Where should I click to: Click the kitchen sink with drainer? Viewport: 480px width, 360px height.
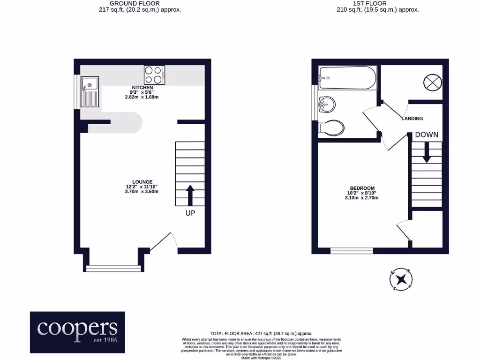click(x=90, y=91)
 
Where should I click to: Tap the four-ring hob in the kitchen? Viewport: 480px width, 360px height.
click(x=154, y=74)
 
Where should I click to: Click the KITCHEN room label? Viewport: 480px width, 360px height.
click(x=142, y=88)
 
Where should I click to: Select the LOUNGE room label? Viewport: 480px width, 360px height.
click(x=142, y=182)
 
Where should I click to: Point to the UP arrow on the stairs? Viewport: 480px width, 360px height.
click(x=190, y=195)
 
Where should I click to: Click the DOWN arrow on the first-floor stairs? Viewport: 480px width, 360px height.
click(x=427, y=152)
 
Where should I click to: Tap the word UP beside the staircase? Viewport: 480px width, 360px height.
click(x=190, y=213)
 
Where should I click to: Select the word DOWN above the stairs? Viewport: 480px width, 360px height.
click(x=427, y=135)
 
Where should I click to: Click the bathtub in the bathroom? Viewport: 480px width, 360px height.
click(x=347, y=78)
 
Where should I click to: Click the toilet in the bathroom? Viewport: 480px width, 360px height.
click(x=332, y=127)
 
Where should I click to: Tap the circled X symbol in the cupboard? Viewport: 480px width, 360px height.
click(x=432, y=82)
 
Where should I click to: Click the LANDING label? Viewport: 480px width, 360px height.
click(x=412, y=119)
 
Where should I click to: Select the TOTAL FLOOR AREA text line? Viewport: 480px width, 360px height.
click(x=261, y=333)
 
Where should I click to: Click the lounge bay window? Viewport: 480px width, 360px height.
click(x=113, y=268)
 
